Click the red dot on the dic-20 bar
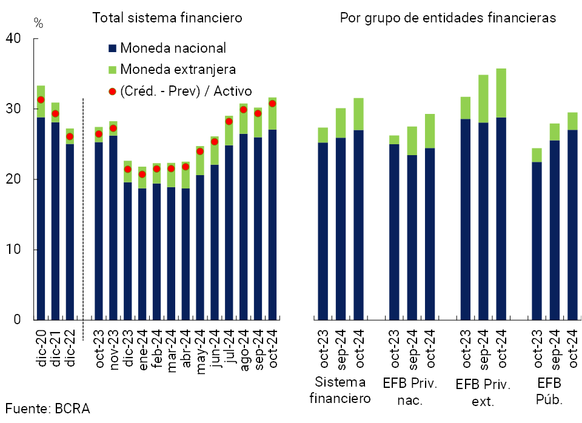tap(41, 99)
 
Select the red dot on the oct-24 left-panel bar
tap(272, 104)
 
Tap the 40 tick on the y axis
tap(13, 39)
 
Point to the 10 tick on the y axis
tap(13, 250)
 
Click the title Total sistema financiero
tap(167, 18)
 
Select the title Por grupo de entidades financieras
tap(447, 18)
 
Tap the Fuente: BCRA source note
tap(48, 408)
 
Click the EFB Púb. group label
tap(550, 391)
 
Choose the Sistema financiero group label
tap(339, 390)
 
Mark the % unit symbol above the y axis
tap(39, 24)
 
